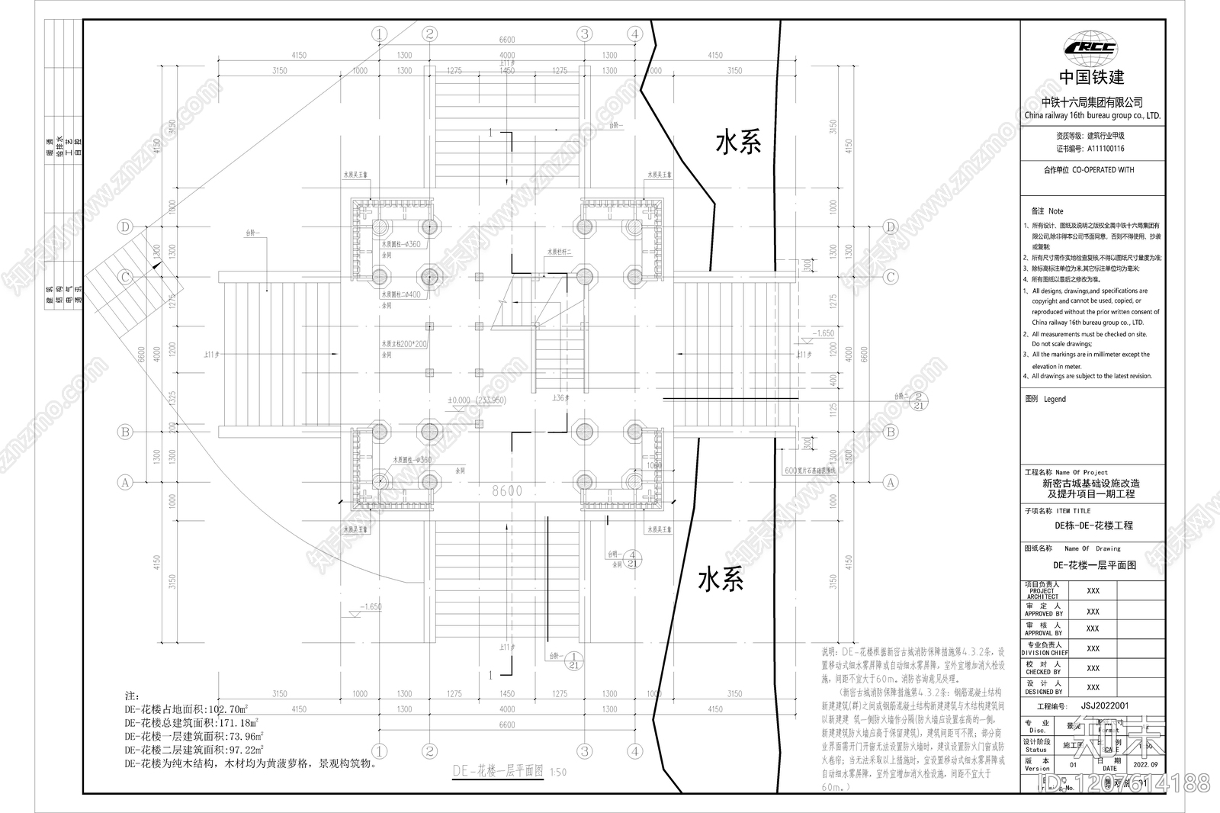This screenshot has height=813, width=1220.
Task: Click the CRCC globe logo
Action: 1092,47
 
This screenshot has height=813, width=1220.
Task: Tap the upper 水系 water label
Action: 737,143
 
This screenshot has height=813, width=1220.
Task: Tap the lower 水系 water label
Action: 721,580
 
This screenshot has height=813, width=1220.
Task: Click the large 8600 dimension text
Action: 507,490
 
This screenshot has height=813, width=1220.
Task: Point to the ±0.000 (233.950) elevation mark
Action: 477,400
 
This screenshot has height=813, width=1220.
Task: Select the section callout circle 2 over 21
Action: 919,400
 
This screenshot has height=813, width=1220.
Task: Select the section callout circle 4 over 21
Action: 632,559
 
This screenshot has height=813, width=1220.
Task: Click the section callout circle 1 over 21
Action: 576,660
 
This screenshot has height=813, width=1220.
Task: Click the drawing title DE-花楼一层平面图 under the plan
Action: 498,771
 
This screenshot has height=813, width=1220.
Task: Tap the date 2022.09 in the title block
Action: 1145,763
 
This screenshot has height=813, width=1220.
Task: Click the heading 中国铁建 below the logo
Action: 1092,77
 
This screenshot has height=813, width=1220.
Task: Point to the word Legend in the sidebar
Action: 1055,399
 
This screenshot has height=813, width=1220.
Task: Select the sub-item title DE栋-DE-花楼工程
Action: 1093,525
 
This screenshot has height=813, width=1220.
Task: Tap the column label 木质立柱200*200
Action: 405,344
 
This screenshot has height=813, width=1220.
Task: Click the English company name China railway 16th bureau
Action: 1092,116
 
